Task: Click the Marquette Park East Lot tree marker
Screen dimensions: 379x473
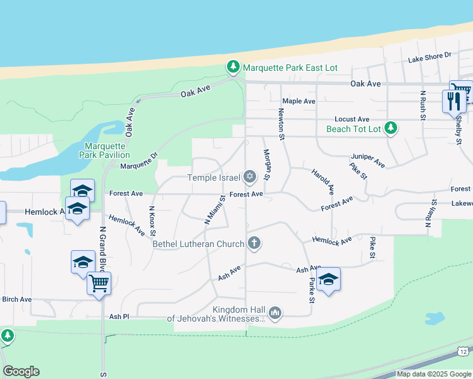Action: (x=233, y=67)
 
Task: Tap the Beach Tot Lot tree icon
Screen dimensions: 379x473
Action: (x=391, y=128)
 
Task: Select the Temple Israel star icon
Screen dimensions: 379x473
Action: (x=250, y=176)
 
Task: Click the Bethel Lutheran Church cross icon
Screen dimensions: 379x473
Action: (x=254, y=243)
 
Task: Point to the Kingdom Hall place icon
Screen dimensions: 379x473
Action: (x=274, y=313)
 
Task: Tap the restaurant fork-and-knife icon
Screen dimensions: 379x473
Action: (x=453, y=100)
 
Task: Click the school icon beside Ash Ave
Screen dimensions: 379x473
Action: (x=328, y=279)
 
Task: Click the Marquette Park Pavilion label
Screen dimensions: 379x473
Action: (x=104, y=150)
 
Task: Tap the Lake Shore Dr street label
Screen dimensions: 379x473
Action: (x=429, y=56)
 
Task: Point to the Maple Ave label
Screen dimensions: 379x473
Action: (x=298, y=101)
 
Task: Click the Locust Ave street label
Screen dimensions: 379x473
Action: (x=352, y=119)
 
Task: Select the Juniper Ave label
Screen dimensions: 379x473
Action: (x=368, y=160)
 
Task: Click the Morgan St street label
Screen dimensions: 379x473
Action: (x=266, y=164)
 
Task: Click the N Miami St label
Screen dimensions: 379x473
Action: (x=215, y=210)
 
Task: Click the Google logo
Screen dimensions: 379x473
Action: (x=21, y=371)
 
